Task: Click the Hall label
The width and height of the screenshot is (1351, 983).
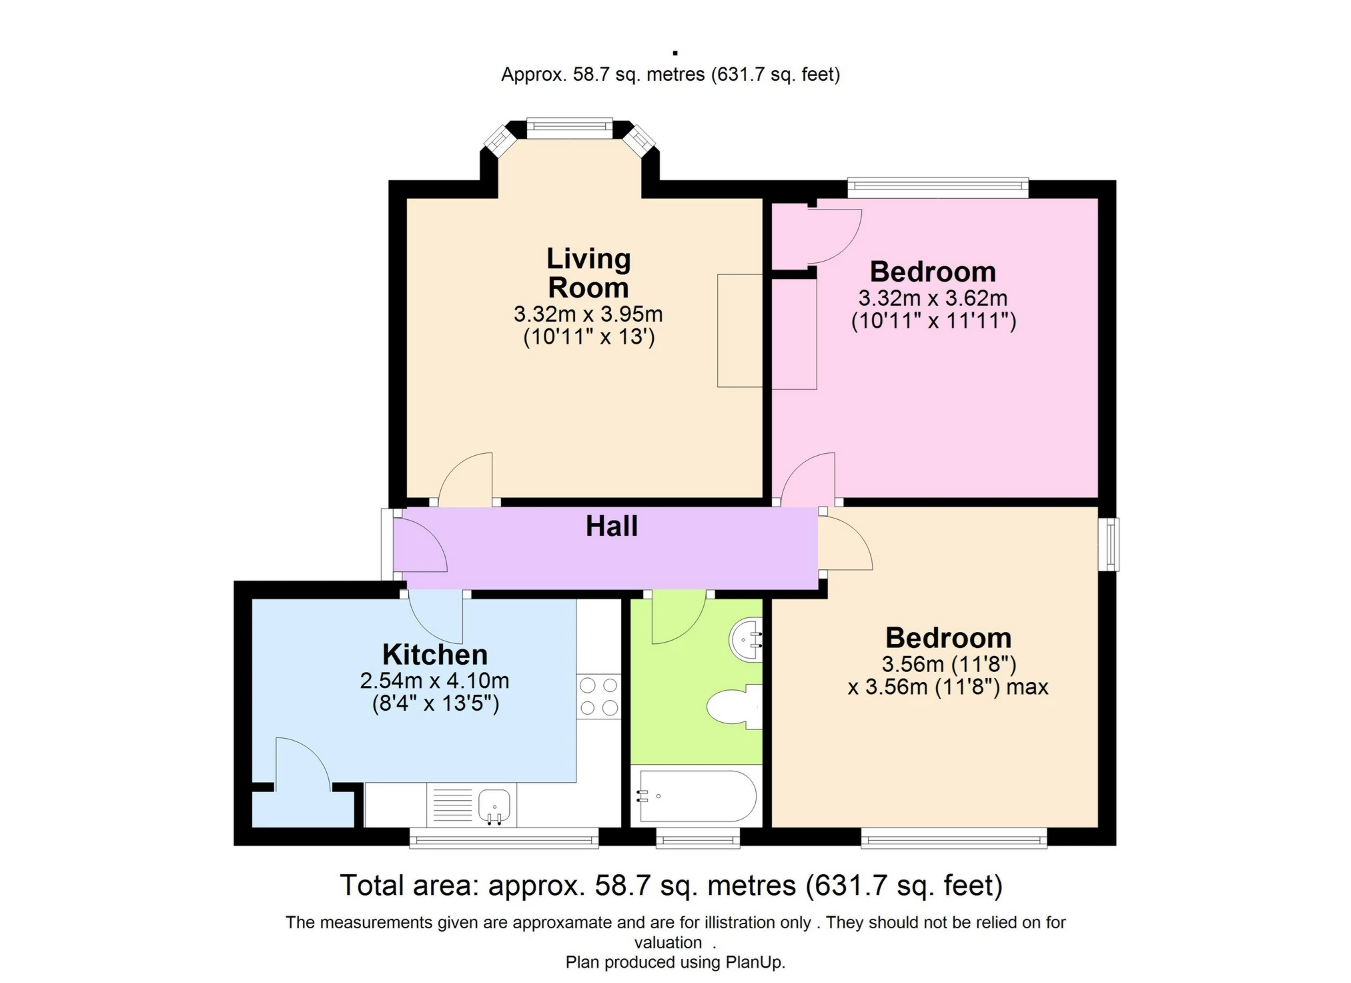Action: [611, 527]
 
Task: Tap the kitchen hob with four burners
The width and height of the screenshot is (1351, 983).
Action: [598, 697]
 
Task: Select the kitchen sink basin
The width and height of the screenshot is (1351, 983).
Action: [494, 805]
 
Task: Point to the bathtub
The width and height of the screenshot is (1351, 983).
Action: [697, 796]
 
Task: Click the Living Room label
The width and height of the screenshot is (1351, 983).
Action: [588, 273]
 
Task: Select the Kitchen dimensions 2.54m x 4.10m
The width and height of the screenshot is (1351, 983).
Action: [434, 681]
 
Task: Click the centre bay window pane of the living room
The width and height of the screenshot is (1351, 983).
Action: [569, 128]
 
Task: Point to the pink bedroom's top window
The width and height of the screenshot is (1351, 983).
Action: [937, 188]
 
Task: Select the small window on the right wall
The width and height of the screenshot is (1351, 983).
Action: [1108, 544]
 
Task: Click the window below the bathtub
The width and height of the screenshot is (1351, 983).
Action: [697, 838]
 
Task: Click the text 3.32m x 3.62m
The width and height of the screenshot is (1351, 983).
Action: [933, 298]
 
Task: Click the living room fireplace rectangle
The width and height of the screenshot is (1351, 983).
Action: [739, 330]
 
